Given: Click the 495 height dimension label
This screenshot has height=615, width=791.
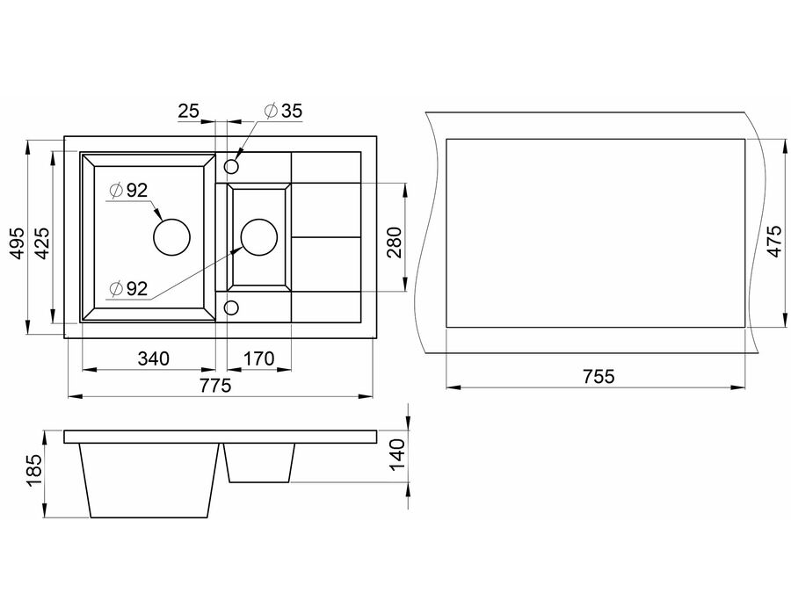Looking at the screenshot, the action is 18,244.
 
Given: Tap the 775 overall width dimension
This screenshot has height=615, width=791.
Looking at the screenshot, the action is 215,386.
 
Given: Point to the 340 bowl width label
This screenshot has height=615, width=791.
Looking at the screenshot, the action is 153,359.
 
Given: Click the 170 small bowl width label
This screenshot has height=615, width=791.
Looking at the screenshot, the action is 258,359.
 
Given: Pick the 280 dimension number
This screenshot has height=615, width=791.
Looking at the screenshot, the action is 395,242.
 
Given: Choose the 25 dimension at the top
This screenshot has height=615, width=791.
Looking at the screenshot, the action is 189,111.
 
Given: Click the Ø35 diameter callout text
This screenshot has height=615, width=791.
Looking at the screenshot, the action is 284,111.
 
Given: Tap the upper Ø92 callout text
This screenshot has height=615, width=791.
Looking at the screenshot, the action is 128,190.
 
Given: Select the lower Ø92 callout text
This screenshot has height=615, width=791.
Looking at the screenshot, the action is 128,288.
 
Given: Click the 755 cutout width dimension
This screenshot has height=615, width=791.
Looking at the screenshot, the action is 599,377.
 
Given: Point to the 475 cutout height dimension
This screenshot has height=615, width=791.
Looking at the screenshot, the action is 774,242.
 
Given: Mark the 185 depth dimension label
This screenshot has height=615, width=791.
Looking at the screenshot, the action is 34,471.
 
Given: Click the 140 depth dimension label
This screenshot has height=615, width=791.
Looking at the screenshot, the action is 398,454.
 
